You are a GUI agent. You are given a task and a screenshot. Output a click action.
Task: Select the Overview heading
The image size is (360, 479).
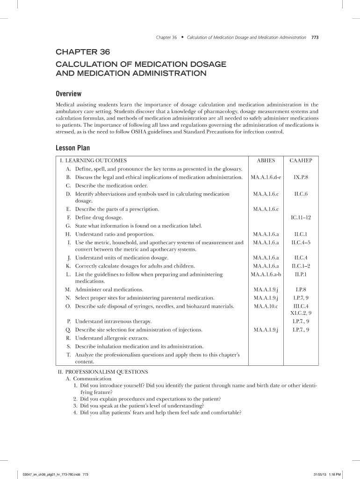click(69, 94)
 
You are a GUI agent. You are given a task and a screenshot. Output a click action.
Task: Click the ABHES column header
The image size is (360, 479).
click(266, 160)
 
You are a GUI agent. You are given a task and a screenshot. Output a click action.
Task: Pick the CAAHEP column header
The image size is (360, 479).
click(301, 160)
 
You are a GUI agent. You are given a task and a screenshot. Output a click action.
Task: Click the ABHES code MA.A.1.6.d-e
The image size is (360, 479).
click(266, 178)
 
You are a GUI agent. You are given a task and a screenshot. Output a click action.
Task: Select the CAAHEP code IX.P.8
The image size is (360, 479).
click(301, 178)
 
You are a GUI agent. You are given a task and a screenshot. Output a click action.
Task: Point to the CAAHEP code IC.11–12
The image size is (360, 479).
click(301, 218)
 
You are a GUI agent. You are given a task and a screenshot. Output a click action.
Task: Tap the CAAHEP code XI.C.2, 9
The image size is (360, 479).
click(301, 313)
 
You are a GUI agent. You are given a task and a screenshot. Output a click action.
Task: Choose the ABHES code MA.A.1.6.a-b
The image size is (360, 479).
click(266, 274)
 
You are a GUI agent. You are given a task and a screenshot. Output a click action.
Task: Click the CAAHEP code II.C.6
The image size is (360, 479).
click(301, 194)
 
